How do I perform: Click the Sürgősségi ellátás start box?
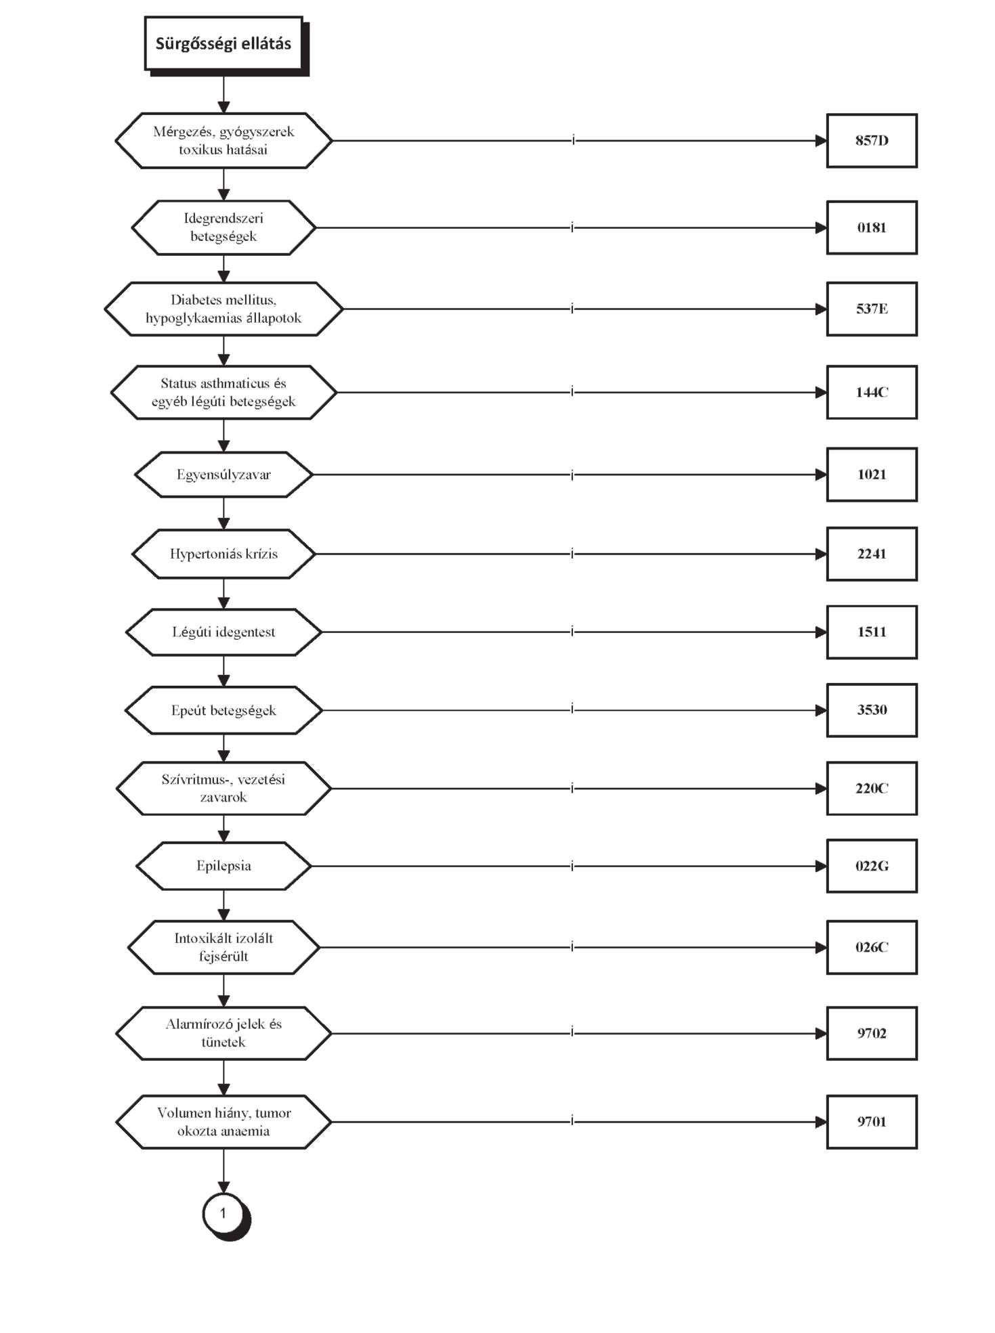224,44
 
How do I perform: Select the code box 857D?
872,141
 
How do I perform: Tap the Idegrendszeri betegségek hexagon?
224,227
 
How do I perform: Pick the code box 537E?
872,309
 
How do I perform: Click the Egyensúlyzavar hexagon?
224,475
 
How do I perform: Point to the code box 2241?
872,554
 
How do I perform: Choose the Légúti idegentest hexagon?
224,632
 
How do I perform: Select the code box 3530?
872,710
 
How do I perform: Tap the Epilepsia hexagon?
224,866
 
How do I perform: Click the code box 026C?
872,947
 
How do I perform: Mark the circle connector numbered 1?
224,1214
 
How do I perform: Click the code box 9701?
872,1122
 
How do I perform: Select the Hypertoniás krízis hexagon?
224,554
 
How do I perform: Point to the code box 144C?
872,393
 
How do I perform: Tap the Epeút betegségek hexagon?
224,710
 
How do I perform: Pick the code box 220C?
872,788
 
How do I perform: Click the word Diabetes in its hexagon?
194,300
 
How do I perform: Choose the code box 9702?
872,1033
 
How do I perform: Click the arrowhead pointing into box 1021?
821,475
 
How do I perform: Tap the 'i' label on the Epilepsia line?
572,866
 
